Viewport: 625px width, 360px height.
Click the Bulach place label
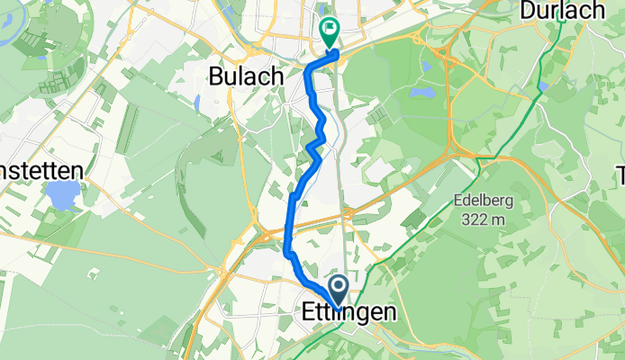click(x=242, y=76)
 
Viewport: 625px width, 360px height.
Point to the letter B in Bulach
click(x=216, y=76)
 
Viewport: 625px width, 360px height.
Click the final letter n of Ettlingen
click(x=389, y=313)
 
